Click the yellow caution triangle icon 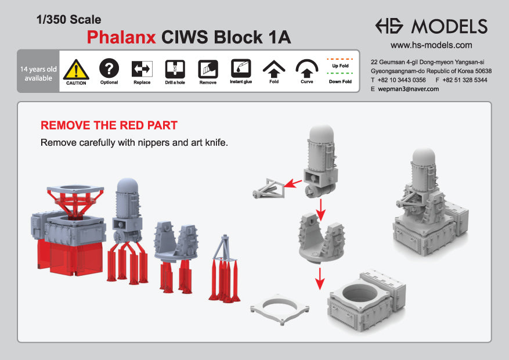click(76, 70)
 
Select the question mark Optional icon click(109, 69)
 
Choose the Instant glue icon click(240, 69)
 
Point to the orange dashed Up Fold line click(340, 59)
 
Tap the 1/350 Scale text click(68, 20)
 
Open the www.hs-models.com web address click(431, 45)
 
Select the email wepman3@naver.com click(408, 89)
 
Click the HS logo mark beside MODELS click(390, 26)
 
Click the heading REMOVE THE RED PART click(109, 125)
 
